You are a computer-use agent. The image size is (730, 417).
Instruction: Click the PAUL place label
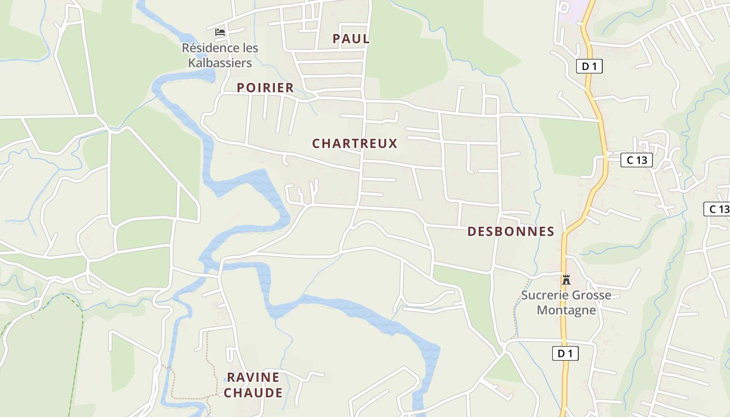click(x=351, y=39)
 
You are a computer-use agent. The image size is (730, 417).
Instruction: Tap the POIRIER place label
click(x=265, y=88)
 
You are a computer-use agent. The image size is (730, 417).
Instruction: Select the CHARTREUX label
click(x=355, y=143)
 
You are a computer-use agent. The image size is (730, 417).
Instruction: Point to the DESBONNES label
click(x=510, y=231)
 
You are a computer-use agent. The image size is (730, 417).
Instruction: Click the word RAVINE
click(x=253, y=377)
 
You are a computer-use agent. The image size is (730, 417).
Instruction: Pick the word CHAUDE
click(x=253, y=393)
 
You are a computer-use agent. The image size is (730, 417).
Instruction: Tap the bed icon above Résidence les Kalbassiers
click(x=220, y=32)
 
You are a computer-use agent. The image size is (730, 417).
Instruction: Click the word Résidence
click(x=204, y=48)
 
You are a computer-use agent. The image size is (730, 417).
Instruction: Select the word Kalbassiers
click(x=220, y=63)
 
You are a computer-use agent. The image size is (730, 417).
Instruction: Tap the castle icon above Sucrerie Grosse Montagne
click(x=566, y=279)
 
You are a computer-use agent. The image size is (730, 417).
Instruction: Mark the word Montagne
click(x=566, y=310)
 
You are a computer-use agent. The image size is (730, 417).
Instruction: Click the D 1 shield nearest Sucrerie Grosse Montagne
click(x=565, y=353)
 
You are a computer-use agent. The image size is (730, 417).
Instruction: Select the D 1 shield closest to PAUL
click(x=589, y=66)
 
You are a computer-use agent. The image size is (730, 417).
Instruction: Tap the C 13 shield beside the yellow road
click(x=637, y=160)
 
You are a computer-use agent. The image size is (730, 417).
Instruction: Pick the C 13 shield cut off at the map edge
click(x=717, y=209)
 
